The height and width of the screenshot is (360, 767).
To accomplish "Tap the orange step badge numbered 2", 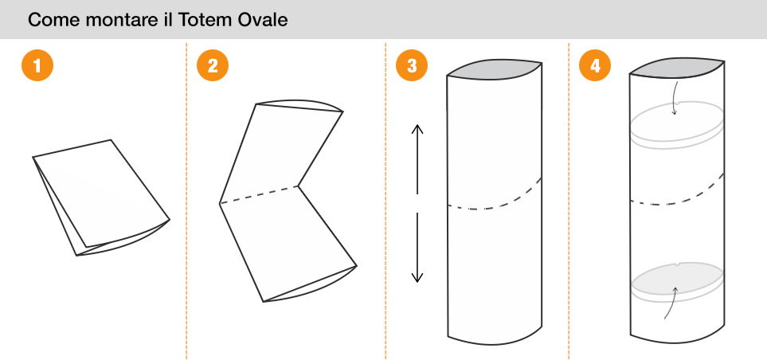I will click(213, 65).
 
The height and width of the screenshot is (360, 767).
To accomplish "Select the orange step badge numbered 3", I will click(411, 65).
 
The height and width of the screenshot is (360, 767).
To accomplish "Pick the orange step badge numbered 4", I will click(594, 65).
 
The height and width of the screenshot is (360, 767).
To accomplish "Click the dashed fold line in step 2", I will click(259, 195).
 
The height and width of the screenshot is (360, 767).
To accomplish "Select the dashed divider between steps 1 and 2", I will click(186, 199).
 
